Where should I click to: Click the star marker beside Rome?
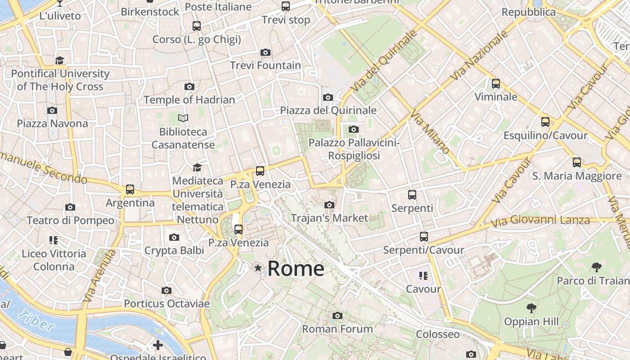(258, 268)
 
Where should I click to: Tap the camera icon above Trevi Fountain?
(265, 52)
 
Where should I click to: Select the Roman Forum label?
(337, 329)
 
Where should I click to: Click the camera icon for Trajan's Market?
(329, 205)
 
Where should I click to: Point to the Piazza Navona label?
(53, 123)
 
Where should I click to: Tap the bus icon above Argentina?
(130, 189)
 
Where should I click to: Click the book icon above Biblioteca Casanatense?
(183, 118)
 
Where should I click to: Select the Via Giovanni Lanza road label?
(540, 221)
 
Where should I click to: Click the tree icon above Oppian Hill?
(531, 308)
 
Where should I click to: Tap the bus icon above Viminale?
(496, 84)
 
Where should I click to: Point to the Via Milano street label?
(429, 133)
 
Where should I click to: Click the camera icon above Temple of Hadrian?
(189, 86)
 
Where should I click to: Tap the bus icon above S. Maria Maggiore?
(577, 162)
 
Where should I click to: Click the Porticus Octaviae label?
(166, 304)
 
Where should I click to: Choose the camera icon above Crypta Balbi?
(174, 237)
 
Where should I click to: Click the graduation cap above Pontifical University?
(60, 60)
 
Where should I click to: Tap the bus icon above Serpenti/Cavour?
(423, 237)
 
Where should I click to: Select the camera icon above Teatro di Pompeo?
(70, 207)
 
